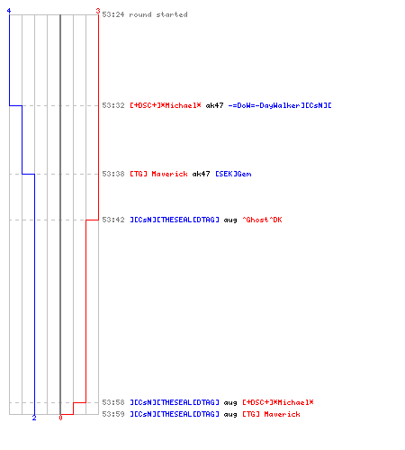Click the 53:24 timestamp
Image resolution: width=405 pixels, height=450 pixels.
(x=113, y=14)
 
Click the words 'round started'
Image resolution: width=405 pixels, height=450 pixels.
(x=158, y=14)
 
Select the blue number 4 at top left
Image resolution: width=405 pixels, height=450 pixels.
(x=9, y=11)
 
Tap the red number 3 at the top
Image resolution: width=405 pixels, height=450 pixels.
(x=98, y=11)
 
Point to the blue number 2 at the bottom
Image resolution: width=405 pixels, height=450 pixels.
(x=34, y=418)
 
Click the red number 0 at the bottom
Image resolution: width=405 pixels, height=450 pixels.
(x=60, y=418)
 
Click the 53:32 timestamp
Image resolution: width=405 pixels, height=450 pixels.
(x=113, y=105)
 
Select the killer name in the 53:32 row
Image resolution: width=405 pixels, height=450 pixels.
(x=166, y=105)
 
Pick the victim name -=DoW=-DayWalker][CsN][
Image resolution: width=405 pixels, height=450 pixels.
(x=280, y=105)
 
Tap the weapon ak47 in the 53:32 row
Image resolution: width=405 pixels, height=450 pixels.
(x=214, y=105)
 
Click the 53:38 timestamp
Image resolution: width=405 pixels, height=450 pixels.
(x=113, y=174)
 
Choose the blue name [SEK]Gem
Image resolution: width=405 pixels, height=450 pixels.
(x=233, y=174)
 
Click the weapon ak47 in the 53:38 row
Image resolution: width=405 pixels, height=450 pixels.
(x=201, y=174)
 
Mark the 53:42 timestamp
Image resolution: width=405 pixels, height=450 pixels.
(x=113, y=220)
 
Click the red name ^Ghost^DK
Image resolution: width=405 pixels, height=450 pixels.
(x=262, y=220)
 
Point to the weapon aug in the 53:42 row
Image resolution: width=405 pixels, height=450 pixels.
(x=230, y=220)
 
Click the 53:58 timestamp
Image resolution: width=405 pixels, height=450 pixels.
(x=113, y=402)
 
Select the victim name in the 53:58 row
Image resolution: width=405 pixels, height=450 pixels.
(x=278, y=402)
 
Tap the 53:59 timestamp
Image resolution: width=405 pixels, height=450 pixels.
(x=113, y=414)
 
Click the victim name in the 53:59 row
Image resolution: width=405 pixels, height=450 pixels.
(x=271, y=414)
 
